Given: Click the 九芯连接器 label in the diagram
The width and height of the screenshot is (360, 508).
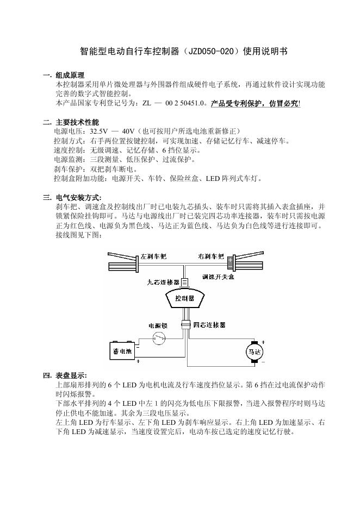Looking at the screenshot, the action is click(x=163, y=282).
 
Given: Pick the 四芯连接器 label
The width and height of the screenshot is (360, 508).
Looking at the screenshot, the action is click(x=209, y=324).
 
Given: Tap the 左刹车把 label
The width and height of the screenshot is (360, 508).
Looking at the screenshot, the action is click(x=154, y=256).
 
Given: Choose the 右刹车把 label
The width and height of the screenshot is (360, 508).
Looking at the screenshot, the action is click(x=210, y=256).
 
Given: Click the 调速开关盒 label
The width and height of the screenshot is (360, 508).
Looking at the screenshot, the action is click(x=218, y=277).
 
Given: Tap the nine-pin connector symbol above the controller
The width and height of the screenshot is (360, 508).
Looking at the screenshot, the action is click(x=185, y=282).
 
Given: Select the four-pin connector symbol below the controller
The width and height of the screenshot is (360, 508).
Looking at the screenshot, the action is click(x=185, y=324).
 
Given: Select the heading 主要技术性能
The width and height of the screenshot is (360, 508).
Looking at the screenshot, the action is click(x=77, y=122).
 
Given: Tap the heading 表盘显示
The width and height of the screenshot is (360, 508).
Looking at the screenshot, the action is click(x=71, y=375).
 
